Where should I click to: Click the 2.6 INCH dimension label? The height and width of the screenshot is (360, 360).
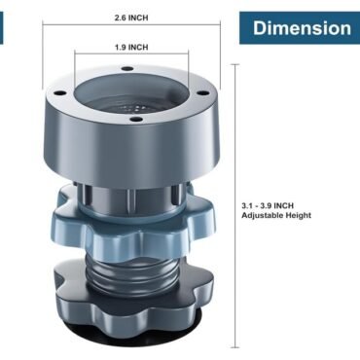click(131, 18)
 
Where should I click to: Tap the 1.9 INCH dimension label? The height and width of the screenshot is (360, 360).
click(131, 48)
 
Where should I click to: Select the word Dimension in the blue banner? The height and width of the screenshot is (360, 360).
click(302, 28)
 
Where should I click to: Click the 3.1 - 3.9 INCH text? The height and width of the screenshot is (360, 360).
click(268, 205)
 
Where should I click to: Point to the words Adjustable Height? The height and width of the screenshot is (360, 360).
click(276, 215)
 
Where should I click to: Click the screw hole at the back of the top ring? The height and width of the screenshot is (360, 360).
click(127, 68)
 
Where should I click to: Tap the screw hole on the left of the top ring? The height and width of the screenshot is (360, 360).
click(60, 92)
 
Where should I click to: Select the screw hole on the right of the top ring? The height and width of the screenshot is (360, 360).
click(202, 92)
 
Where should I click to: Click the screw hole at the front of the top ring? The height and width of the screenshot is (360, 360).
click(136, 120)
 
